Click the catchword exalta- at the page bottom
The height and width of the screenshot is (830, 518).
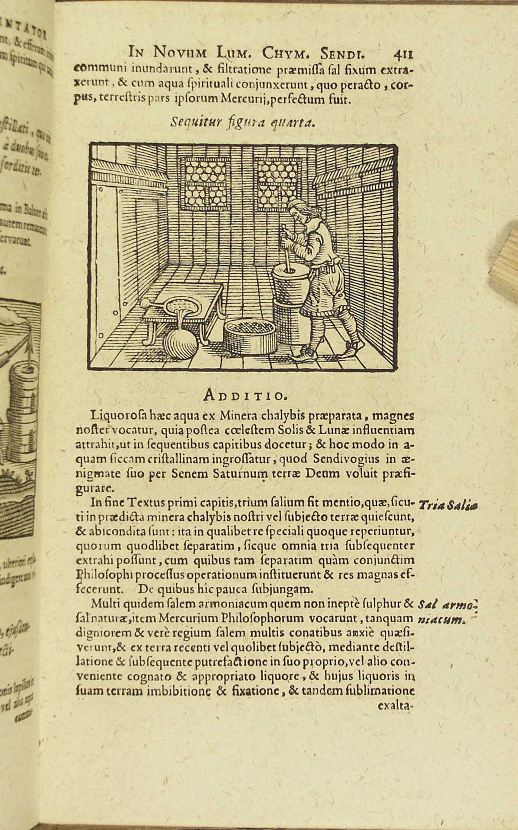(395, 706)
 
